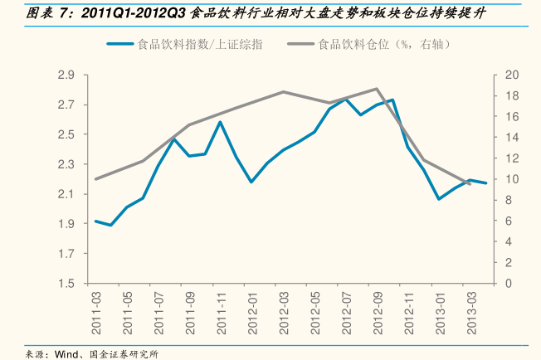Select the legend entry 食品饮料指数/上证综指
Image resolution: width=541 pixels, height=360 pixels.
202,45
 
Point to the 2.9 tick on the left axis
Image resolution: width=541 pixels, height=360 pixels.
66,75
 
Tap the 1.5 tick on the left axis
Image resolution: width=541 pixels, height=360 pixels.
66,284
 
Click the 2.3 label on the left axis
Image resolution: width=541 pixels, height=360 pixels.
66,164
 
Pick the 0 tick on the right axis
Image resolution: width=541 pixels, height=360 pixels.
508,284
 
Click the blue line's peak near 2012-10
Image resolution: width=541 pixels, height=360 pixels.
392,100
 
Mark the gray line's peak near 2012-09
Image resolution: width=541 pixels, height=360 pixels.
378,89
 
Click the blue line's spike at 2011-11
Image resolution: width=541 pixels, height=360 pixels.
221,122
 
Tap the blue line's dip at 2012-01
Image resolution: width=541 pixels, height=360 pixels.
251,182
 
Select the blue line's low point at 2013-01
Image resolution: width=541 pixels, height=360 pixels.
439,199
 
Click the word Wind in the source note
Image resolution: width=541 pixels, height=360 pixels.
66,353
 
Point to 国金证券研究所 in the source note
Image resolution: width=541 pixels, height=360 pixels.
124,353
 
